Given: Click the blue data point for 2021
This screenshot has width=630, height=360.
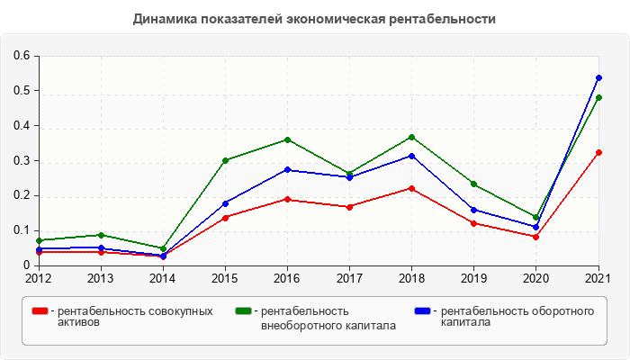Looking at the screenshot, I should (598, 78).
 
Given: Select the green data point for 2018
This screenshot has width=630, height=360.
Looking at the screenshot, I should (412, 137).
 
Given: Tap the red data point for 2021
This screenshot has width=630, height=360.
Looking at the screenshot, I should (598, 152).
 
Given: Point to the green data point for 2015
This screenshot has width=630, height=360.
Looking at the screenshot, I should (225, 160).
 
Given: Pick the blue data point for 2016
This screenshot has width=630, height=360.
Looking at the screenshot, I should (287, 169).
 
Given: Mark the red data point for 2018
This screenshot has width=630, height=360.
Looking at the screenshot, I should (412, 188).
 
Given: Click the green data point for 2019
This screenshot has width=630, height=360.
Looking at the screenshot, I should (474, 184).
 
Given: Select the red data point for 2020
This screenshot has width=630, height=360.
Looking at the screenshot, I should (536, 237).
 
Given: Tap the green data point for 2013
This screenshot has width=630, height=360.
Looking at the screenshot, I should (101, 235).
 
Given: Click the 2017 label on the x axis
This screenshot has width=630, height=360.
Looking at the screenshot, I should (350, 278).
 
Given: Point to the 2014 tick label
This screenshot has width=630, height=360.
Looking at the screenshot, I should (163, 278).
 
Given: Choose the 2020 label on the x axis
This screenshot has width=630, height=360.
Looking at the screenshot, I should (536, 278).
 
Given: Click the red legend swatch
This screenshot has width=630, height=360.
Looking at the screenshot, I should (40, 311).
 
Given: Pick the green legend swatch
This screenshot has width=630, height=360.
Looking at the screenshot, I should (243, 311).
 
